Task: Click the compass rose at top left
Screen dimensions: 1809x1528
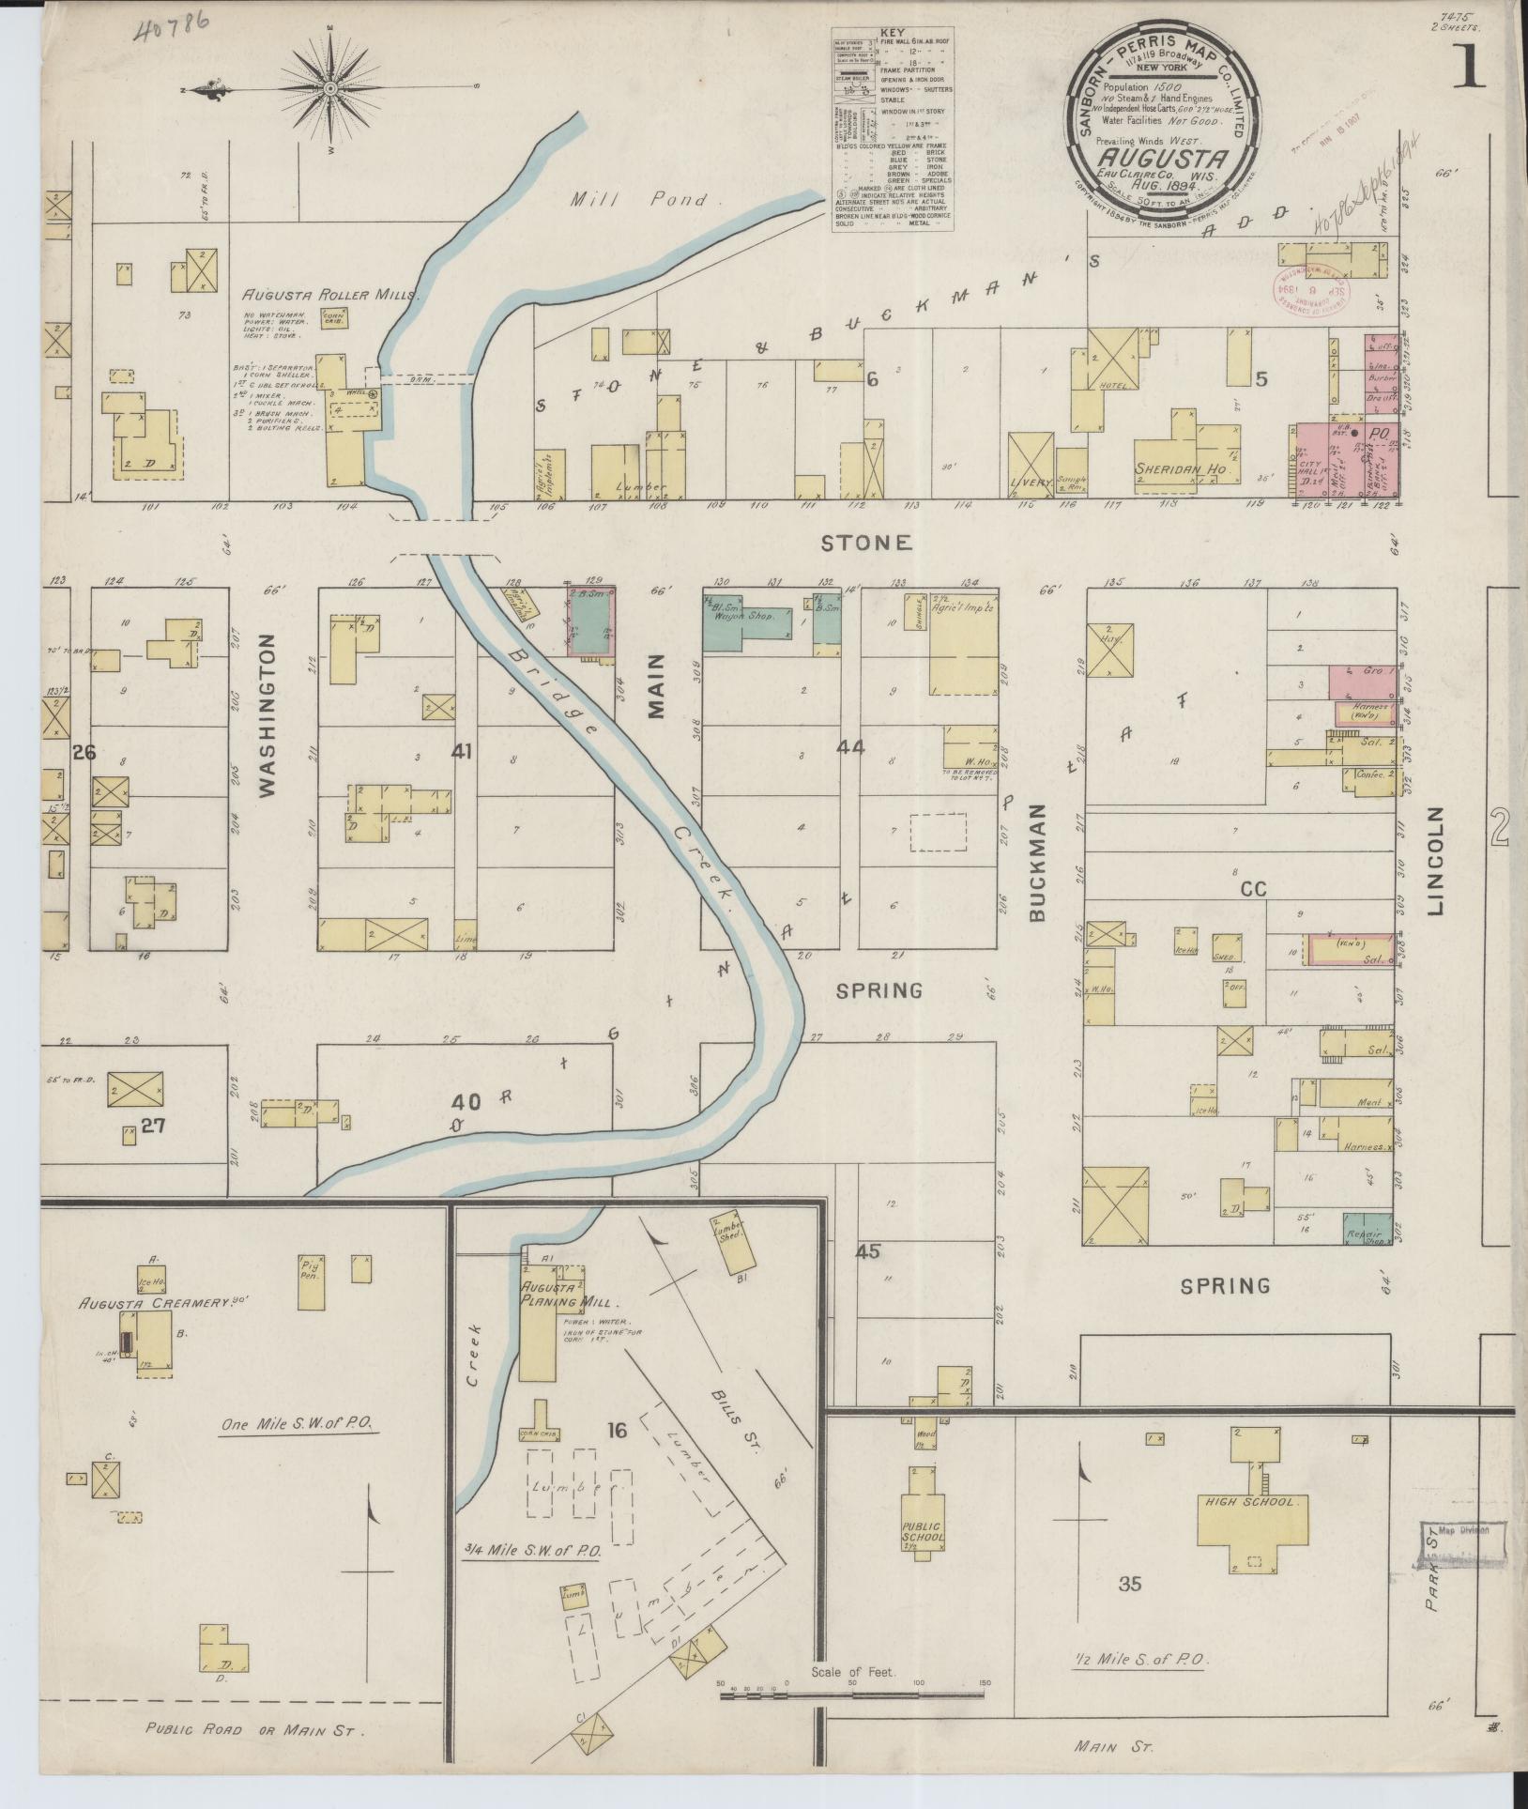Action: [330, 89]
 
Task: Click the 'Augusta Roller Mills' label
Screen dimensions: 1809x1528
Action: [331, 294]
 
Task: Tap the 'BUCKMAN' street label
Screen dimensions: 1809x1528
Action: [1037, 861]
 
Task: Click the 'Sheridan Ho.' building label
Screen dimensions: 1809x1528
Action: [1181, 468]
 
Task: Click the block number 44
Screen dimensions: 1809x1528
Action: [850, 749]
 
